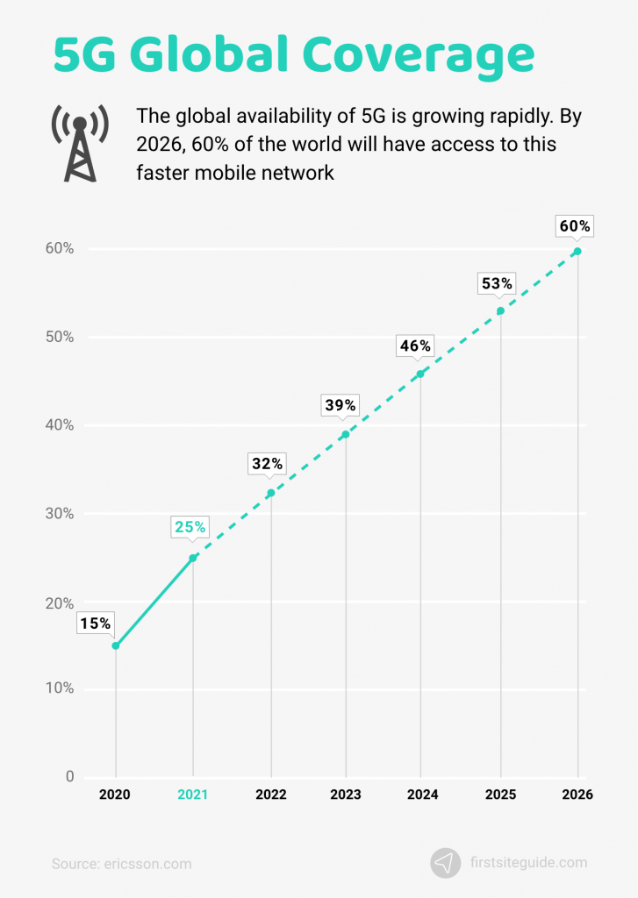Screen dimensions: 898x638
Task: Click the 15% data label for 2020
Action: click(x=95, y=624)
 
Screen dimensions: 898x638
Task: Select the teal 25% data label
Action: click(x=190, y=527)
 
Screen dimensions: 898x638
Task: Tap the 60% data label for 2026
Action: click(x=575, y=226)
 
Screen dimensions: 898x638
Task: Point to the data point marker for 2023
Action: click(x=345, y=434)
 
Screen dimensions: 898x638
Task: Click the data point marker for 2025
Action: click(x=500, y=310)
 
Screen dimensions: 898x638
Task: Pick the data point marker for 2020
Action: click(x=115, y=645)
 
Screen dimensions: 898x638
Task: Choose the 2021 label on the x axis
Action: click(x=192, y=795)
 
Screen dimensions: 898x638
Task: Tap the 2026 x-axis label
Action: click(x=577, y=795)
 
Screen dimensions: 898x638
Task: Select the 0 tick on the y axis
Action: click(x=69, y=777)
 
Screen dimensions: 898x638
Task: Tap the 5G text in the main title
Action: click(x=84, y=54)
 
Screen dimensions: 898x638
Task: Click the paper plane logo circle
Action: click(x=446, y=863)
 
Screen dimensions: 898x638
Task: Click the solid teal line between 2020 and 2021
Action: click(x=154, y=602)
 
